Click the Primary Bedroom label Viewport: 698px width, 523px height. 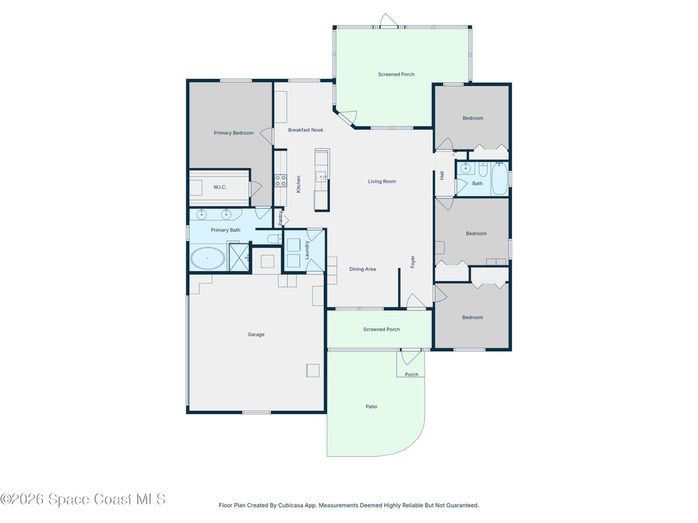coord(233,133)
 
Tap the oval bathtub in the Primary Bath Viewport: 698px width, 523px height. coord(207,258)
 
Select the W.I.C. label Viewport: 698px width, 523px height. coord(219,187)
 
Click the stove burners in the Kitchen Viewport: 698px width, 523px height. coord(280,180)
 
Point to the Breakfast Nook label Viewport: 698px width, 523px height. coord(305,130)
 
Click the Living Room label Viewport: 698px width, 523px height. coord(382,181)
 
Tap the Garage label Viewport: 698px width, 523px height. coord(256,334)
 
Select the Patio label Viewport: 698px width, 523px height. coord(371,407)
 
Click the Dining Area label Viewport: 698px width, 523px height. coord(363,269)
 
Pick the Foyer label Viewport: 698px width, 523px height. coord(412,261)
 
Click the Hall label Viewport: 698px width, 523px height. coord(442,176)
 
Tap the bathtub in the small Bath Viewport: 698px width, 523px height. coord(500,179)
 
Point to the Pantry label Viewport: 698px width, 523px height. coord(280,217)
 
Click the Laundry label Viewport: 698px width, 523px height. coord(307,251)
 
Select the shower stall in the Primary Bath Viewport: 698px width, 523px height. coord(239,257)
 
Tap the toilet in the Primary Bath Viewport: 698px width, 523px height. coord(274,239)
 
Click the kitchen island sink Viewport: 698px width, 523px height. coord(322,177)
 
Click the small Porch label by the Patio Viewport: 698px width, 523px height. coord(412,375)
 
